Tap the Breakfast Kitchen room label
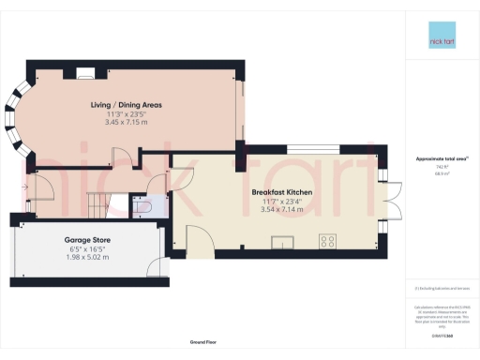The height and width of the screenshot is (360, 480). tap(281, 192)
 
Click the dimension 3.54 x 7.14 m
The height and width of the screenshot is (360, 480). tap(281, 209)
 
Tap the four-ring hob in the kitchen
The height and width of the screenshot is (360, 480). tap(328, 242)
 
